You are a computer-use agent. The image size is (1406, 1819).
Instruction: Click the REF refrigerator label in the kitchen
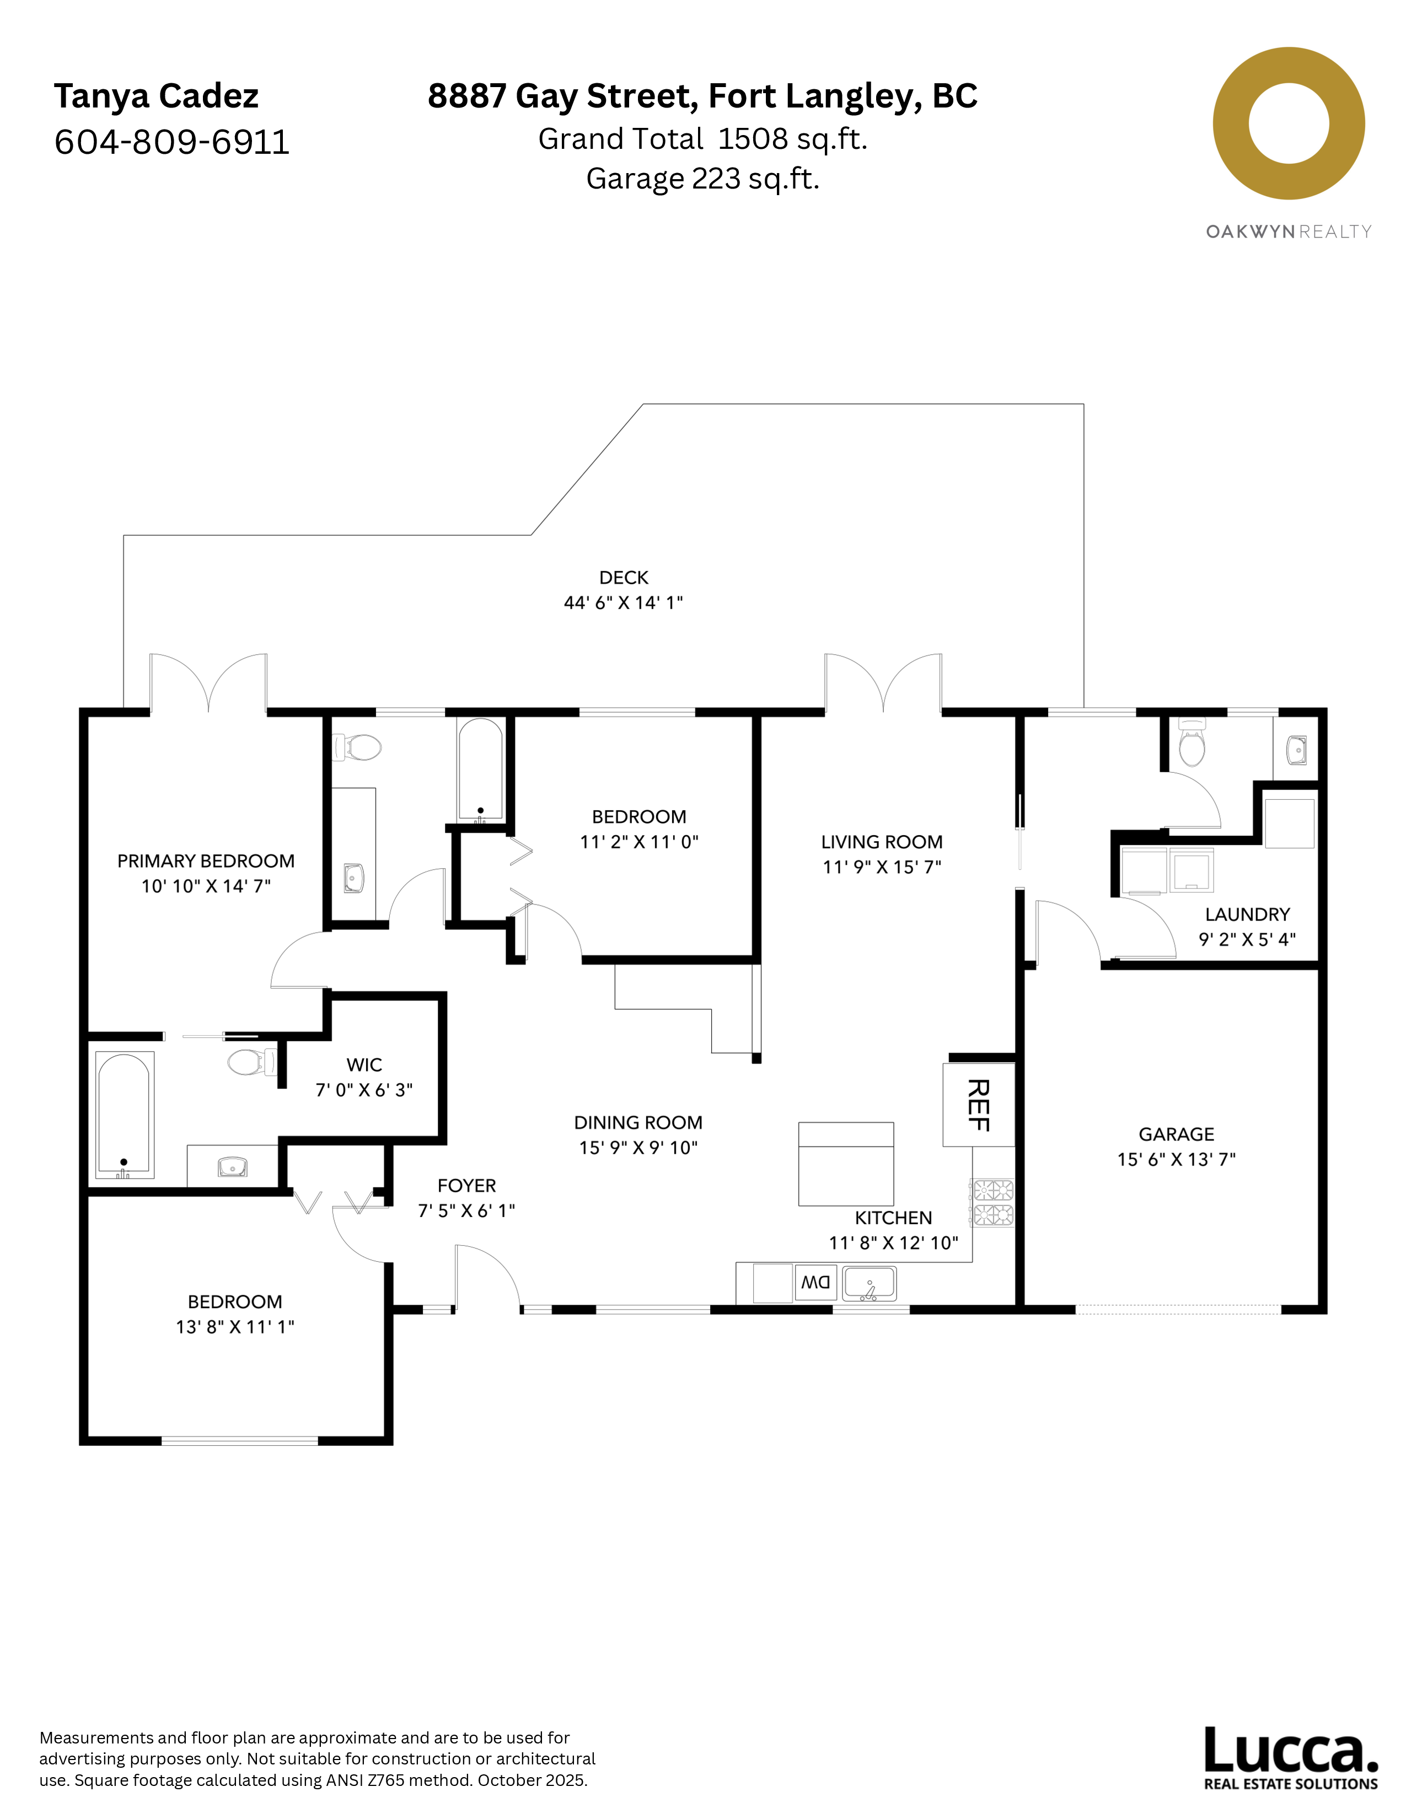[979, 1105]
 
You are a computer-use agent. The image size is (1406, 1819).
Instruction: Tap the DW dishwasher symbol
[815, 1283]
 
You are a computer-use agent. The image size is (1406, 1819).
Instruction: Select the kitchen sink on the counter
[869, 1283]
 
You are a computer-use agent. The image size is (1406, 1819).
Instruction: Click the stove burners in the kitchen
[993, 1202]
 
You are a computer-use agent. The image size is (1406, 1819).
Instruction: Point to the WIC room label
[364, 1064]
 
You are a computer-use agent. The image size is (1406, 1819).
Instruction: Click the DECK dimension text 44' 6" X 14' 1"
[623, 602]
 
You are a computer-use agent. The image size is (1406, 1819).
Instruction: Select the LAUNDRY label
[1247, 914]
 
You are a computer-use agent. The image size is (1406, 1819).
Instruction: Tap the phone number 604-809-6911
[171, 142]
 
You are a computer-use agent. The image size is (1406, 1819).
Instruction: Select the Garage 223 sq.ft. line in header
[702, 178]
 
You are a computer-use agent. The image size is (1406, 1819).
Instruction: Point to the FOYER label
[466, 1185]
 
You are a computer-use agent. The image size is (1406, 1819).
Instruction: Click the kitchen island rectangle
[845, 1164]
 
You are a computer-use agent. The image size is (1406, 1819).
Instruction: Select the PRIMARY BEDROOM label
[206, 860]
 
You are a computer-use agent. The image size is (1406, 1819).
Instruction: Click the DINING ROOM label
[638, 1122]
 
